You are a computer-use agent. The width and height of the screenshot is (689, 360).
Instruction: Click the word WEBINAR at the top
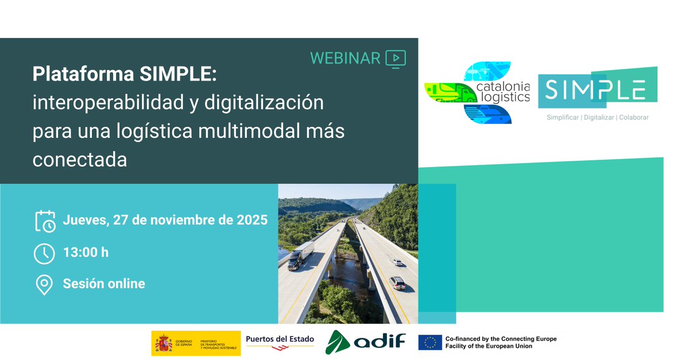(x=345, y=58)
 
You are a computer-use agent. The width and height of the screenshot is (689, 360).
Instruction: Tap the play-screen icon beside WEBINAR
(x=396, y=59)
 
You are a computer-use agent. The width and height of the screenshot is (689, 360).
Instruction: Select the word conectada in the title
(x=80, y=160)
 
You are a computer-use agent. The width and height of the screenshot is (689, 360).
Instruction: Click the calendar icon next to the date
(x=45, y=220)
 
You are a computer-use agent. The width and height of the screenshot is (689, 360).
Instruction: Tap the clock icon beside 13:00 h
(x=45, y=253)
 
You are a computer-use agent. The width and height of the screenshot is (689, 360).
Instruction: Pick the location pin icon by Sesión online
(x=44, y=285)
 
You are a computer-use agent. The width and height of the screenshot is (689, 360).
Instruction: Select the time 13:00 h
(x=86, y=253)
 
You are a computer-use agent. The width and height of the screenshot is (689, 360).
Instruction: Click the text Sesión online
(x=104, y=284)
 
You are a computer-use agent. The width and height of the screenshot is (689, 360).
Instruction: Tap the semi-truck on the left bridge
(x=300, y=256)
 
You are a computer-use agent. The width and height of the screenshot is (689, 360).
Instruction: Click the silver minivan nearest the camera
(x=397, y=283)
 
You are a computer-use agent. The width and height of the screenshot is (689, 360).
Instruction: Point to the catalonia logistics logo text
(x=504, y=92)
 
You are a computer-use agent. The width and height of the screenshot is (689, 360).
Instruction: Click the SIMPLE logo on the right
(x=597, y=90)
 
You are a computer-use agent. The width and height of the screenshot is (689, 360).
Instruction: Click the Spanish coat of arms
(x=164, y=343)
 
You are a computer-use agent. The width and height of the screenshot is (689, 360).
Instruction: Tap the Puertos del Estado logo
(x=280, y=340)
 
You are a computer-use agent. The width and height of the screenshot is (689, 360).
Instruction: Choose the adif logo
(x=366, y=343)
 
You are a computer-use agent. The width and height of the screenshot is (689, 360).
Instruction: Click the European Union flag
(x=429, y=343)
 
